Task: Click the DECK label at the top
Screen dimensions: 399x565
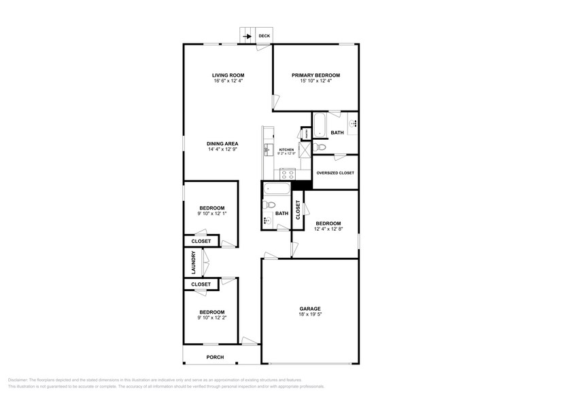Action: point(264,36)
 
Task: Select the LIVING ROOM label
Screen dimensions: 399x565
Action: point(228,75)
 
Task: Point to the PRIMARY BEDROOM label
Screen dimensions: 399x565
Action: point(315,75)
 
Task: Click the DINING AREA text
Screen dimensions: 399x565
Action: point(222,144)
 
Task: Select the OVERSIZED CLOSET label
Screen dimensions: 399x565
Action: point(335,173)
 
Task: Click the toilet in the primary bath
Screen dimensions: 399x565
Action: point(321,146)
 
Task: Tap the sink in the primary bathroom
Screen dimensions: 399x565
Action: point(354,123)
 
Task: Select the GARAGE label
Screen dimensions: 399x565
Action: point(310,309)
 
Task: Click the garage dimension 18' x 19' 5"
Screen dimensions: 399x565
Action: point(310,315)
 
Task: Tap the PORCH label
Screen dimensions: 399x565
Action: point(215,358)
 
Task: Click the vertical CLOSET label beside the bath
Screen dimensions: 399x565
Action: point(298,210)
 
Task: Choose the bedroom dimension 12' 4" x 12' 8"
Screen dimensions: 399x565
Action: point(328,229)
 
